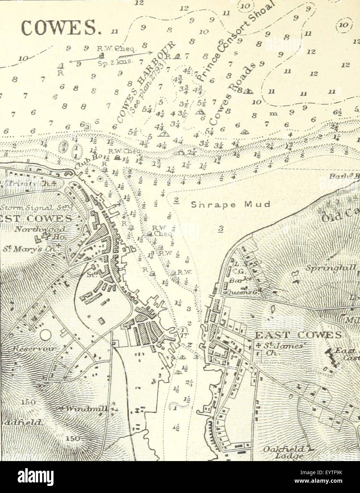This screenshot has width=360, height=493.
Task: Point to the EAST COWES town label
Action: click(298, 335)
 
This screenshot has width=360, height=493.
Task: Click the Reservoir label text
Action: click(34, 349)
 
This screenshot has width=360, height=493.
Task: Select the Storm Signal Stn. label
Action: click(30, 207)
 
